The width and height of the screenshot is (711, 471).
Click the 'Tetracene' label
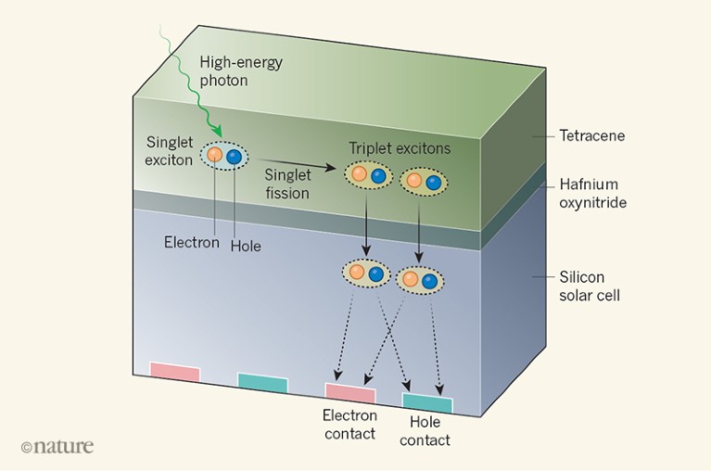click(591, 136)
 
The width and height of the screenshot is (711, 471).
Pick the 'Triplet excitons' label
click(399, 148)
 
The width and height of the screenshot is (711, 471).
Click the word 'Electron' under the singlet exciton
click(192, 244)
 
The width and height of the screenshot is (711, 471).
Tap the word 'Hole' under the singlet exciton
click(246, 246)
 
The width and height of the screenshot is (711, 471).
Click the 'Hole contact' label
click(429, 431)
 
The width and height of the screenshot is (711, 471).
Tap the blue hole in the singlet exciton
click(234, 158)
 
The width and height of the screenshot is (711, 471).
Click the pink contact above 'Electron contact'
click(350, 393)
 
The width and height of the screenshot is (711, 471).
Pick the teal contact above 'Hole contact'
click(427, 403)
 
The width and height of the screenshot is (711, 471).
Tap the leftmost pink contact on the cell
click(175, 372)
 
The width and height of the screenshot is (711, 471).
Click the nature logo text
click(57, 446)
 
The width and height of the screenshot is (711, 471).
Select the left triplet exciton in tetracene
click(367, 174)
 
